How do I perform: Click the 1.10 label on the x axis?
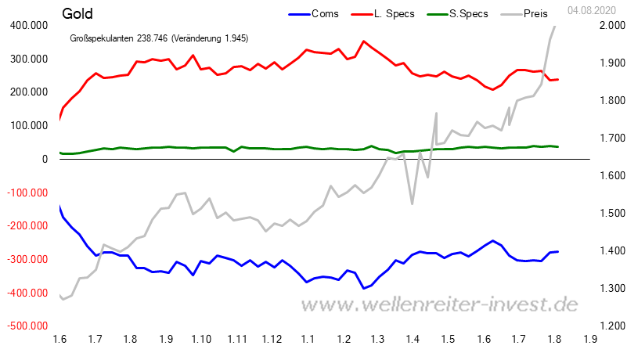tap(201, 339)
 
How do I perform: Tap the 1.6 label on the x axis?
tap(59, 339)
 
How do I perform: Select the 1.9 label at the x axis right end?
tap(590, 339)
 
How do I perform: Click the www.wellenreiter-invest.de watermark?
tap(445, 304)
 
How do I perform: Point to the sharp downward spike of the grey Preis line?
tap(413, 203)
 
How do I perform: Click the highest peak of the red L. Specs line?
tap(363, 41)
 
